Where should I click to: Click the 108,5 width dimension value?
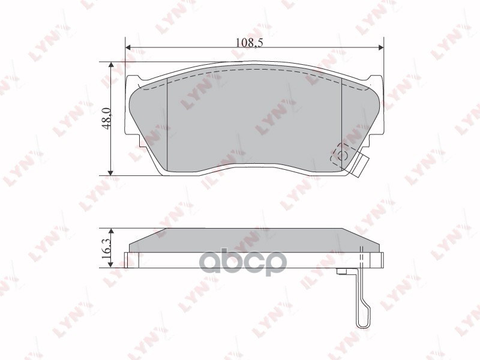pyautogui.click(x=250, y=42)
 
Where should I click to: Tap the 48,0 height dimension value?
pyautogui.click(x=107, y=118)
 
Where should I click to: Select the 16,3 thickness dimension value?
pyautogui.click(x=107, y=249)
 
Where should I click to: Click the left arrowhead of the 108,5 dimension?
pyautogui.click(x=128, y=47)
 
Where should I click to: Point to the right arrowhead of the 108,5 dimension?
pyautogui.click(x=381, y=47)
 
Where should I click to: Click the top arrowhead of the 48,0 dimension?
pyautogui.click(x=111, y=65)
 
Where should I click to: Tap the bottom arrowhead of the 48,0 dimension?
pyautogui.click(x=111, y=173)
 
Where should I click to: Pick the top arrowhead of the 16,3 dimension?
pyautogui.click(x=111, y=231)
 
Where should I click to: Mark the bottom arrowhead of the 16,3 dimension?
pyautogui.click(x=111, y=265)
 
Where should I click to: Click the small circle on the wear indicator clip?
pyautogui.click(x=341, y=156)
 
